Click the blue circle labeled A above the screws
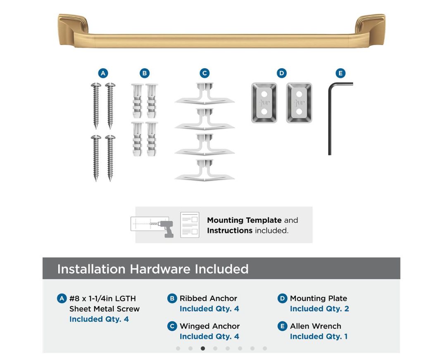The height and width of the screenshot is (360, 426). pyautogui.click(x=103, y=73)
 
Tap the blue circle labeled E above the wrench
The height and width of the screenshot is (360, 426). pyautogui.click(x=340, y=73)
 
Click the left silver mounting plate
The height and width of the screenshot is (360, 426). pyautogui.click(x=264, y=103)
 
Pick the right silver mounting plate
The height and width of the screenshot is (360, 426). pyautogui.click(x=299, y=103)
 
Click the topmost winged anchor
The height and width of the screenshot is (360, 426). pyautogui.click(x=205, y=94)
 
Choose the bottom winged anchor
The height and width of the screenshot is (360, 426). pyautogui.click(x=205, y=170)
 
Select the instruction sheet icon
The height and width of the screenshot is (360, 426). pyautogui.click(x=190, y=225)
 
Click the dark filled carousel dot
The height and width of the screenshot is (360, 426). pyautogui.click(x=203, y=348)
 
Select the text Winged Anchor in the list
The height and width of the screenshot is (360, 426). pyautogui.click(x=209, y=326)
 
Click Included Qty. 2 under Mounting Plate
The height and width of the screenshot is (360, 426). pyautogui.click(x=319, y=309)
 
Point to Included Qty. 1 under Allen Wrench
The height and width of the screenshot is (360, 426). pyautogui.click(x=319, y=336)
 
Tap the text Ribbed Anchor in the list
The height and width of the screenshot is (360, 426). pyautogui.click(x=208, y=298)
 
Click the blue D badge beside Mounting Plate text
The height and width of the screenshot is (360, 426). pyautogui.click(x=282, y=298)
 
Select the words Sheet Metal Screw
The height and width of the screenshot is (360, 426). pyautogui.click(x=104, y=309)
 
